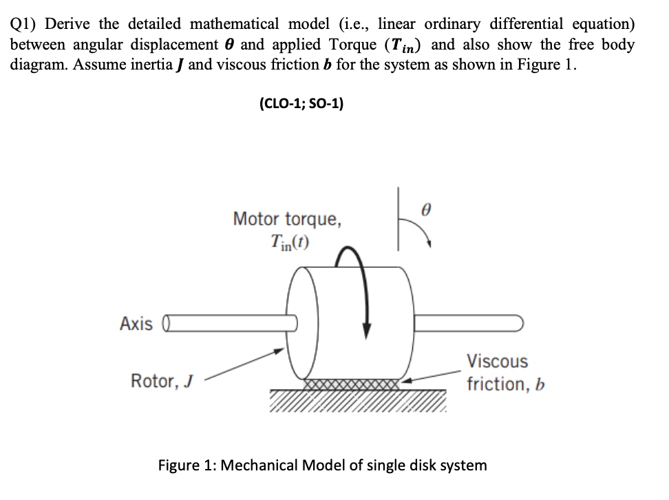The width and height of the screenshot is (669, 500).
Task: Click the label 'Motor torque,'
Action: coord(287,220)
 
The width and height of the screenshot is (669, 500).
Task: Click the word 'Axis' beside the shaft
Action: coord(136,323)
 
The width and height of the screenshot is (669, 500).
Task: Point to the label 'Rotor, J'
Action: coord(162,379)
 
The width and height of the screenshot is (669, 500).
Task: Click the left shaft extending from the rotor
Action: coord(227,322)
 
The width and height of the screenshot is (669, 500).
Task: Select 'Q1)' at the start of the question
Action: coord(23,23)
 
